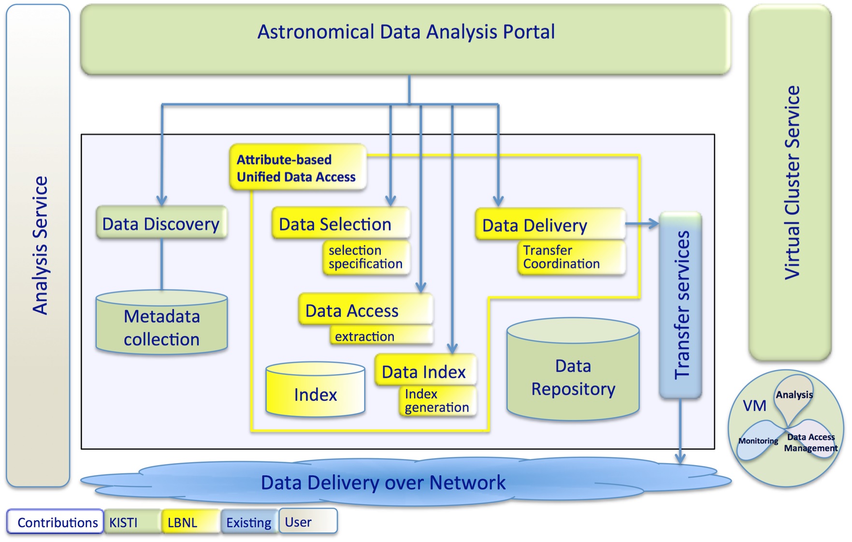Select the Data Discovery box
click(x=161, y=224)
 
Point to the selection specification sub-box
click(x=365, y=257)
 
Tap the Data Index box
click(x=424, y=371)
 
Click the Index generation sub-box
click(x=437, y=400)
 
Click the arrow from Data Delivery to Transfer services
click(x=642, y=223)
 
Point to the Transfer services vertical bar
click(x=680, y=305)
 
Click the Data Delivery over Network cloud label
click(x=383, y=483)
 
